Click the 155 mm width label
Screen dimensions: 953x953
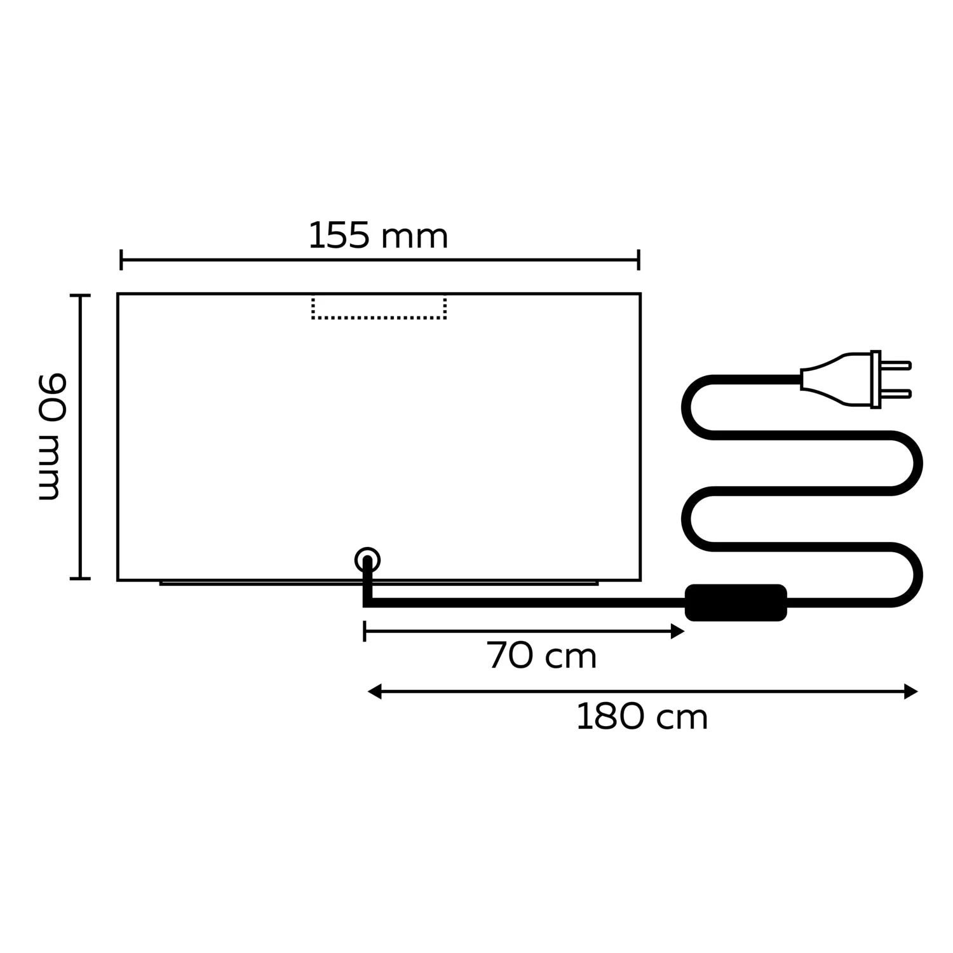[x=378, y=236]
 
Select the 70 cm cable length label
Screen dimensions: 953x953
[x=541, y=656]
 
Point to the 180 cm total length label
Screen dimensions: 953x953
[x=642, y=717]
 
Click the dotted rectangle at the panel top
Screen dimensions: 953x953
[x=379, y=309]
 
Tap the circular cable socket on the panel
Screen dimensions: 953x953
[x=367, y=560]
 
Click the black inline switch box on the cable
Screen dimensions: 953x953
[x=736, y=602]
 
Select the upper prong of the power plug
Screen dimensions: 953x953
[x=896, y=365]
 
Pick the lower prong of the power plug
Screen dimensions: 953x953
[x=896, y=394]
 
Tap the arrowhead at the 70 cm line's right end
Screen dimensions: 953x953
[x=678, y=632]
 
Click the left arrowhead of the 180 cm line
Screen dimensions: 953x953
[x=374, y=691]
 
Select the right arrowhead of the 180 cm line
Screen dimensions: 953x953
[x=911, y=691]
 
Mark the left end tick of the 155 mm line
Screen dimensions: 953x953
[x=121, y=260]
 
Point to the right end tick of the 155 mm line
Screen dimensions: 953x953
[x=639, y=260]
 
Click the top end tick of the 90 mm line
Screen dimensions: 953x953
[x=80, y=295]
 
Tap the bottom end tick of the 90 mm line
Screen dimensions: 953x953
[x=80, y=578]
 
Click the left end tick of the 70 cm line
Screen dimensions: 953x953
[x=365, y=632]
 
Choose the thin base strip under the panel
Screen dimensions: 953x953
[x=379, y=583]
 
